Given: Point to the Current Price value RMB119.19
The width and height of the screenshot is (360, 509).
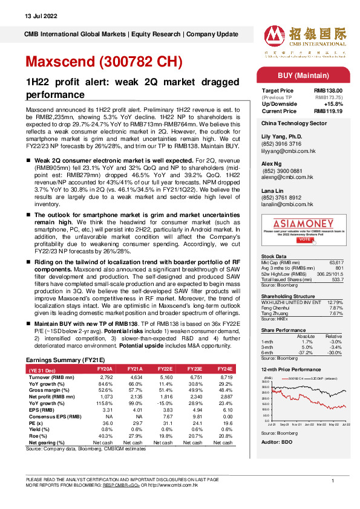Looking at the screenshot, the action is pos(326,111).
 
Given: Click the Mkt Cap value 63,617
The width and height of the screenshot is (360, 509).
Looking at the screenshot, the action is pos(328,262).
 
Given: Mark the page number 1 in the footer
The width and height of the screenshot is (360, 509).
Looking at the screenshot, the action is pos(333,481).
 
